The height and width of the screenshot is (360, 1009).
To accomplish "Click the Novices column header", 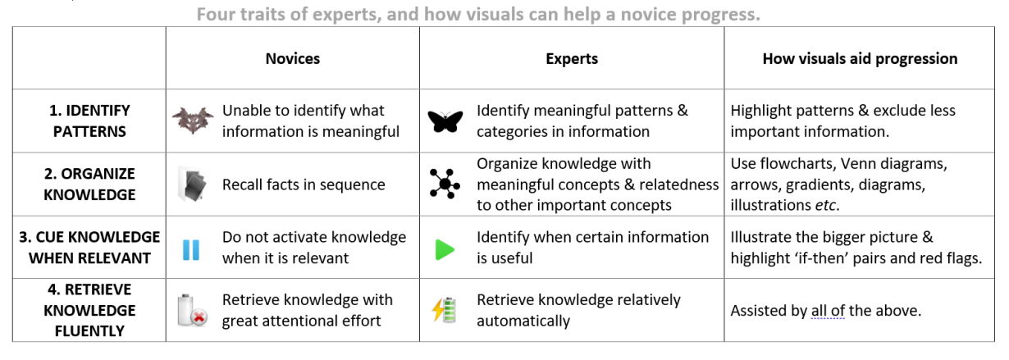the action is pos(293,58).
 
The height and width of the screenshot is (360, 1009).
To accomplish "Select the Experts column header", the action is pos(572,58).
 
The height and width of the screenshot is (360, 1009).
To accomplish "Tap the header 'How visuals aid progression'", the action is pos(860,58).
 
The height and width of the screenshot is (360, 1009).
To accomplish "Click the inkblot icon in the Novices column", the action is pos(193,121).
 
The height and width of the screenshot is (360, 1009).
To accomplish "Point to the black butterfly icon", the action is pos(445,121).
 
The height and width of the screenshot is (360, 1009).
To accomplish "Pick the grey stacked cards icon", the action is pos(194,185).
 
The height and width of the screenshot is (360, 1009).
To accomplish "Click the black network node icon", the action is pos(445,184).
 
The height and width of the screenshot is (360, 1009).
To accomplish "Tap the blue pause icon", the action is pos(191,249).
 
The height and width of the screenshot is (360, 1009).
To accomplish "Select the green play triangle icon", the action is pos(445,249).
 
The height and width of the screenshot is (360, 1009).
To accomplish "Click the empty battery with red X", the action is pos(192,310).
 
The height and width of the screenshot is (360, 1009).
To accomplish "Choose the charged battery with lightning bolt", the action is pos(445,310).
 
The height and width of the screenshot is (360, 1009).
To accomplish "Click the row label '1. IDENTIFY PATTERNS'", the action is pos(89,121).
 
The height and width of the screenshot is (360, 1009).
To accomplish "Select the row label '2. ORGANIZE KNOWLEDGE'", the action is pos(89,185).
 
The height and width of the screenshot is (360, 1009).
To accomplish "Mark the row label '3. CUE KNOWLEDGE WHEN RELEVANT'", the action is pos(89,248).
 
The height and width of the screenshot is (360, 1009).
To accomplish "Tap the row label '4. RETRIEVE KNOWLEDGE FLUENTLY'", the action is pos(89,310).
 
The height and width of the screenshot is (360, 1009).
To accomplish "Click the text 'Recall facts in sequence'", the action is pos(304,185).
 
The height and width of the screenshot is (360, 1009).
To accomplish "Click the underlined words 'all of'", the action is pos(828,311).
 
